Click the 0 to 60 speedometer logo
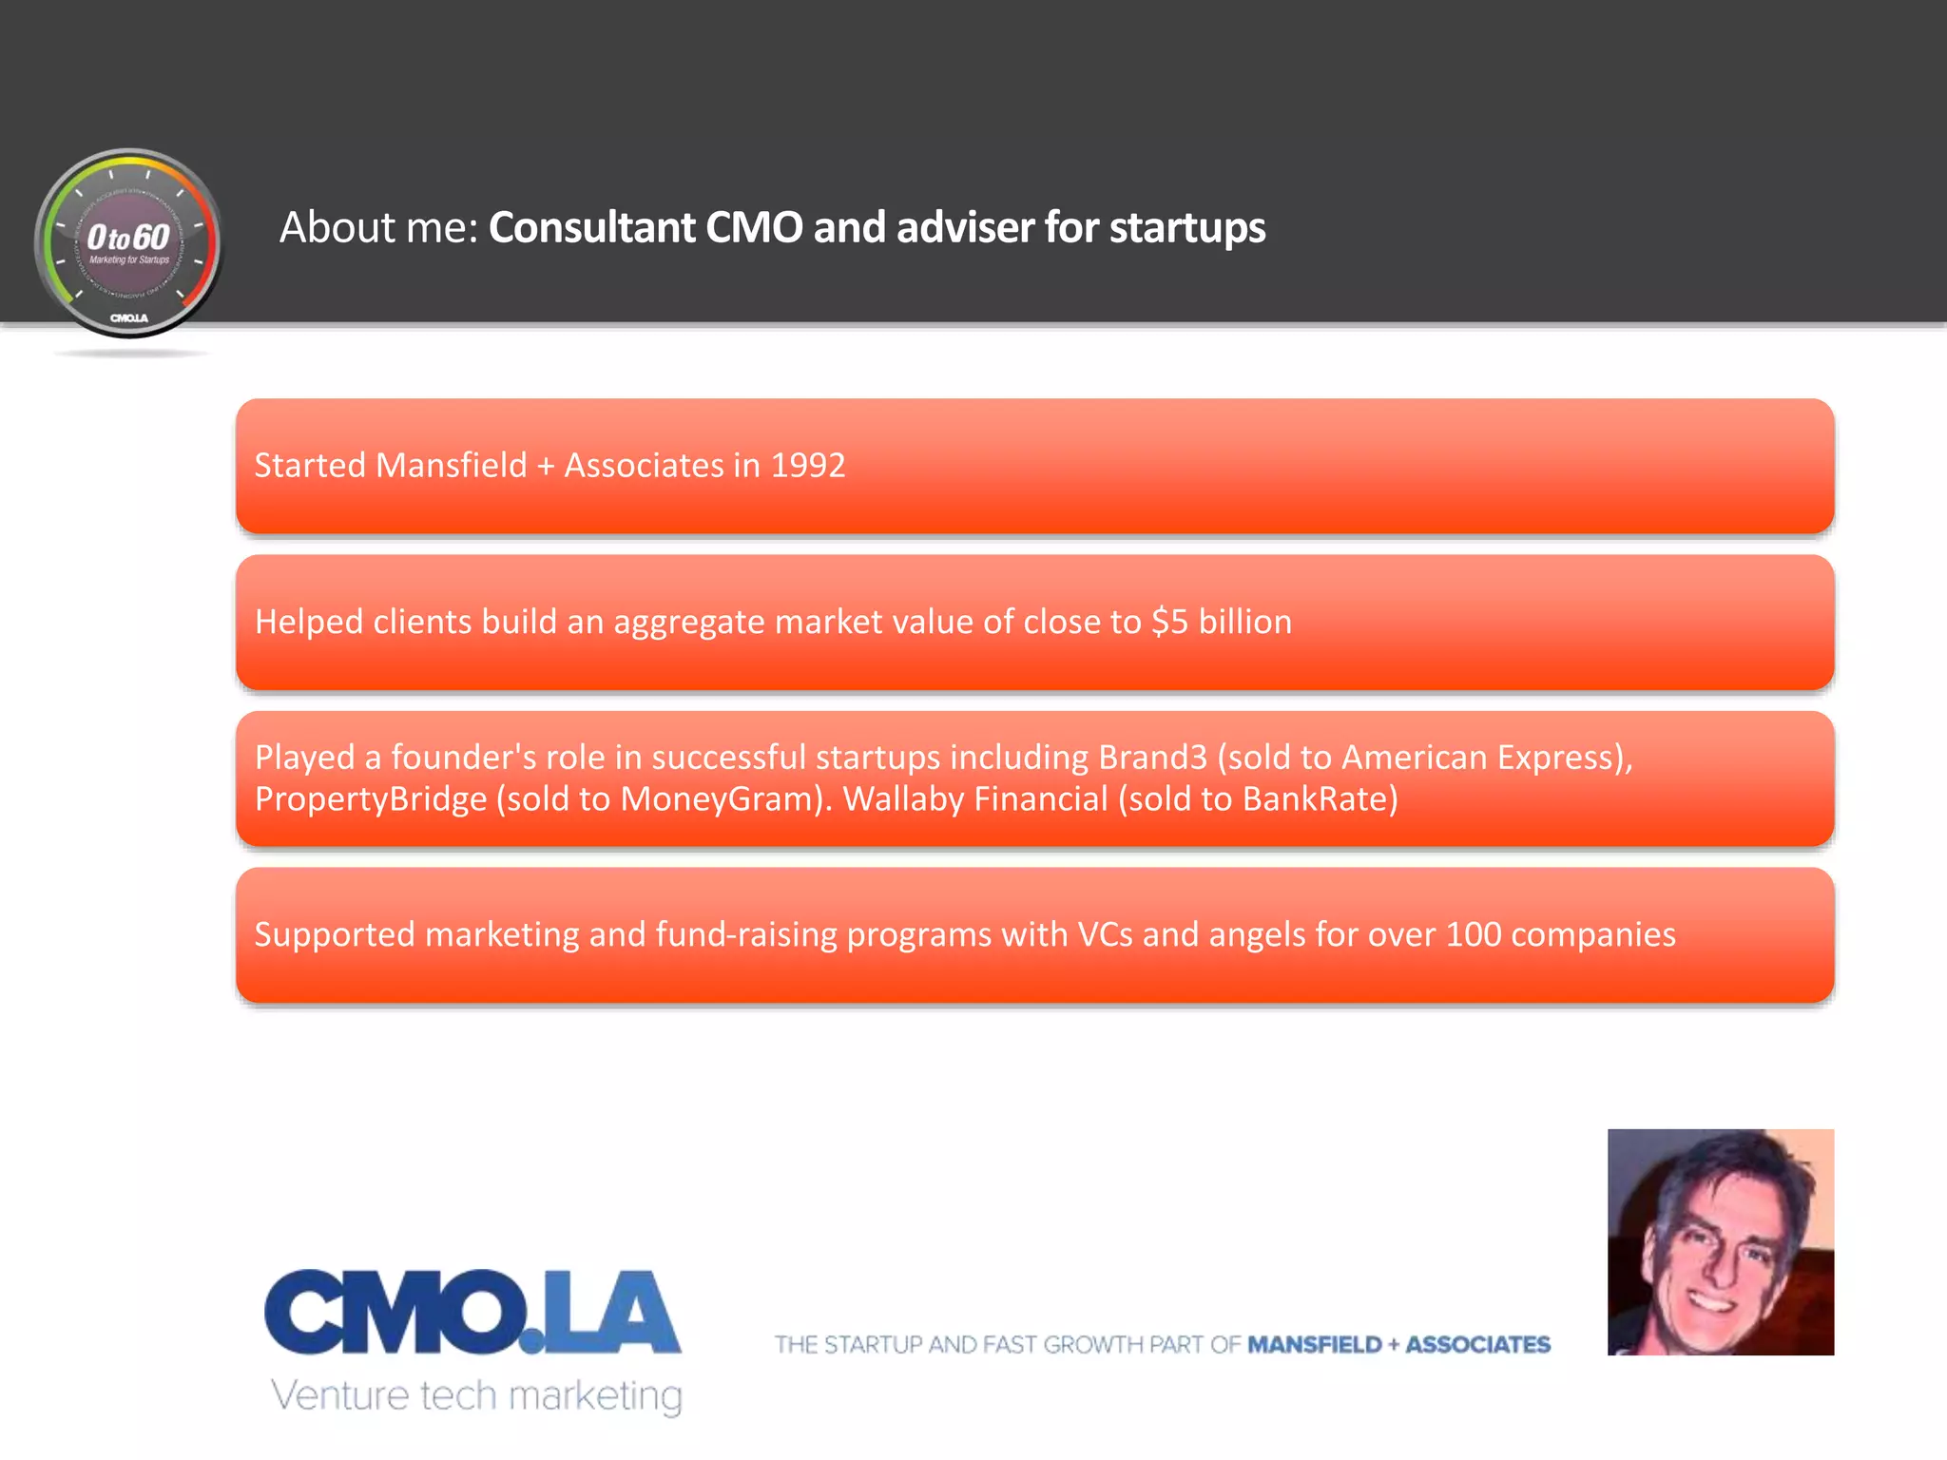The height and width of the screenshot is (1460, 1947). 128,243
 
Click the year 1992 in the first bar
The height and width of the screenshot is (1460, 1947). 807,466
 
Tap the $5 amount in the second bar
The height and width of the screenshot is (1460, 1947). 1169,622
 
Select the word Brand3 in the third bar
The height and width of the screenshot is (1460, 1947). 1152,758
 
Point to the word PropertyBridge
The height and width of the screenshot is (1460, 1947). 371,799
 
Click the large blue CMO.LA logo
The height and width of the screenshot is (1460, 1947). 472,1312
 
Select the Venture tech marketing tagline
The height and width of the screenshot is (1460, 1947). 476,1395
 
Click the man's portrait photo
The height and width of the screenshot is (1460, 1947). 1720,1241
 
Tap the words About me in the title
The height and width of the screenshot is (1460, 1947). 377,228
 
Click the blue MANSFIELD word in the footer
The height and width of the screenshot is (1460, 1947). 1314,1345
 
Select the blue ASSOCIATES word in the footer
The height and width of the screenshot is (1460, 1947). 1477,1345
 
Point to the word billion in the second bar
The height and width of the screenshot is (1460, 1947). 1244,622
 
